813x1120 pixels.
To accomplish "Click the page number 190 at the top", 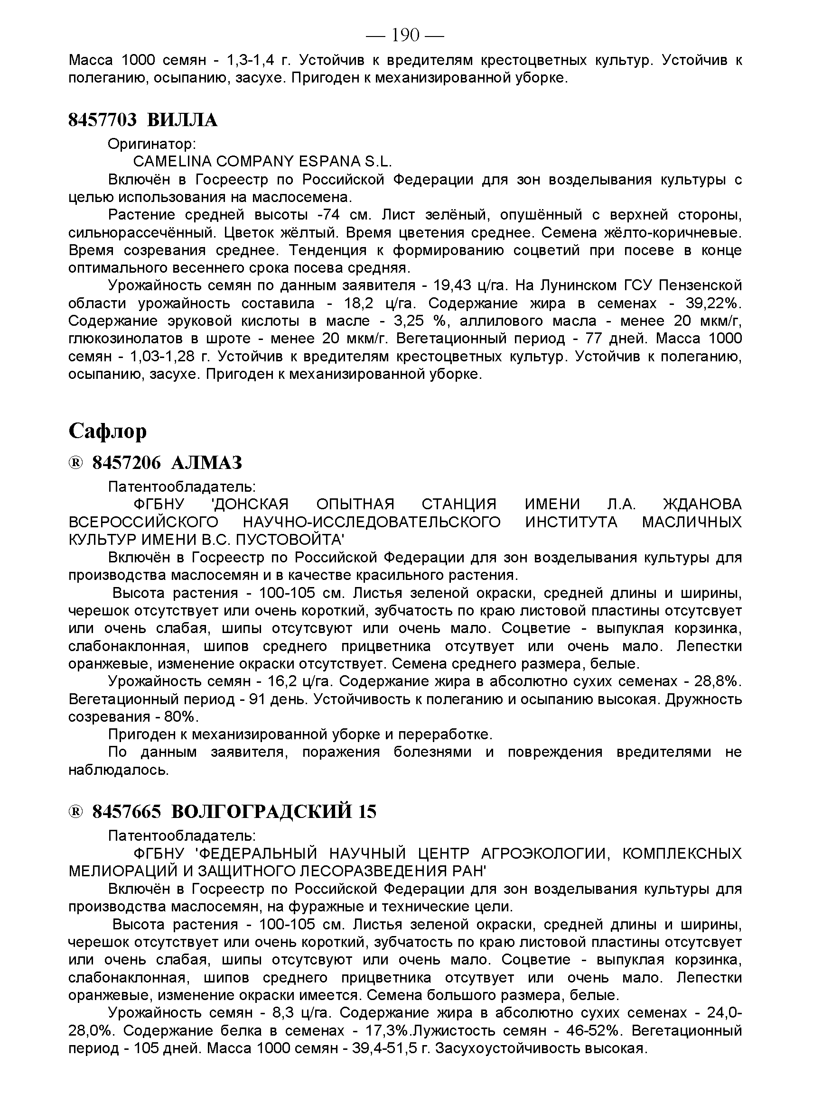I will [405, 35].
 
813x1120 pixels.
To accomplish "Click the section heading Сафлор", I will [107, 431].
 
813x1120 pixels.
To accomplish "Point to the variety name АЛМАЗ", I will [206, 463].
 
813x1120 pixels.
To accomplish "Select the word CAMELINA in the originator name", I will [172, 162].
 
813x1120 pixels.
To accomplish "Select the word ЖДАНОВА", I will [702, 504].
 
